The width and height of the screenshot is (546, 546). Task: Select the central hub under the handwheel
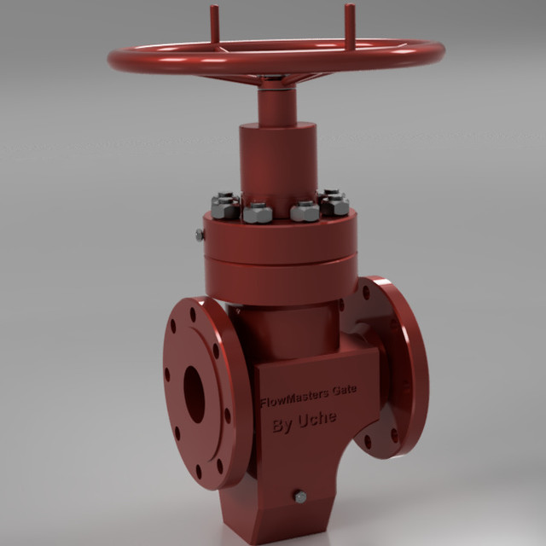(276, 78)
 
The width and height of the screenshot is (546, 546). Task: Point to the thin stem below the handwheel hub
(276, 107)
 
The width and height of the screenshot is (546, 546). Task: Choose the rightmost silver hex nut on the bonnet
(338, 205)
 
